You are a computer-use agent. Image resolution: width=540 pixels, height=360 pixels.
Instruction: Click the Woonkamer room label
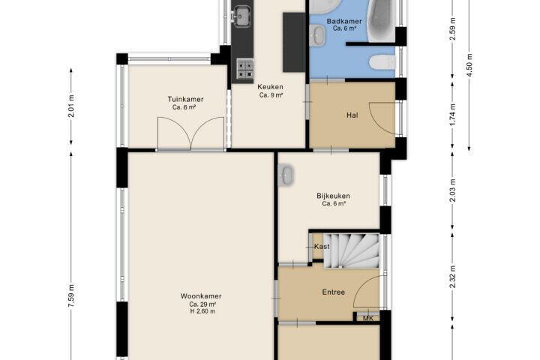pyautogui.click(x=201, y=296)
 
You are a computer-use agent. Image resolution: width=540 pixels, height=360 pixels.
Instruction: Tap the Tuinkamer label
pyautogui.click(x=186, y=99)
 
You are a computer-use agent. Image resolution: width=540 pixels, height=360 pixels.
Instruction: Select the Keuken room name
pyautogui.click(x=270, y=87)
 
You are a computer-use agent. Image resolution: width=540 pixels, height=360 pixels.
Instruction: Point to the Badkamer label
pyautogui.click(x=344, y=21)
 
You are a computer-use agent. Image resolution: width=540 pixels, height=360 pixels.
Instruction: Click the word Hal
pyautogui.click(x=352, y=115)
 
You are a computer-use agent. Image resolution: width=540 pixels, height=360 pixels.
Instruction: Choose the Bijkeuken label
pyautogui.click(x=333, y=196)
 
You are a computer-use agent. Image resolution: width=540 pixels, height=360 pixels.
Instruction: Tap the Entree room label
pyautogui.click(x=333, y=292)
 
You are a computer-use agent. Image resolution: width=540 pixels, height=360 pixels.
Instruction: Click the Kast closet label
pyautogui.click(x=322, y=246)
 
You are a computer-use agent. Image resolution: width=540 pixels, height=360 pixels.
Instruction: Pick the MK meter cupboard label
pyautogui.click(x=368, y=318)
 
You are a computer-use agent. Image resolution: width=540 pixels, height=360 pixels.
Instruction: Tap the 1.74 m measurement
pyautogui.click(x=452, y=114)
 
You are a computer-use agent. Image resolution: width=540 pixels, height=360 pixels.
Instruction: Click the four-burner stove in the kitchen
pyautogui.click(x=244, y=68)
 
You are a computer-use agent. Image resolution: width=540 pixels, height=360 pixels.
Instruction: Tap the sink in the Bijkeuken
pyautogui.click(x=286, y=175)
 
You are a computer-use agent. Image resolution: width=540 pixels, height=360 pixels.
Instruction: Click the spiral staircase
pyautogui.click(x=351, y=250)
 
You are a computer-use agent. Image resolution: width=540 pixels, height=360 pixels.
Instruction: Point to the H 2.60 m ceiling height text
pyautogui.click(x=202, y=311)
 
